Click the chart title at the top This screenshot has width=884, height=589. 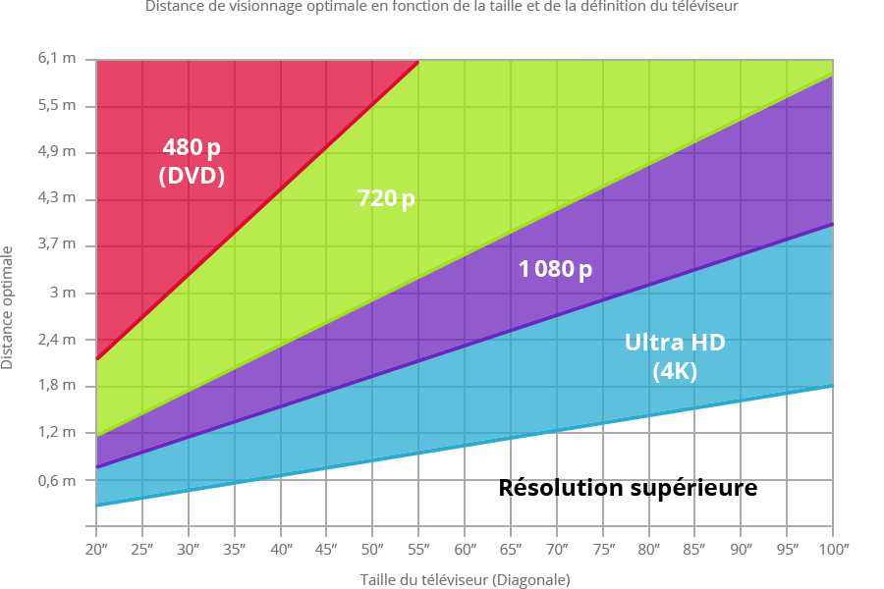click(442, 7)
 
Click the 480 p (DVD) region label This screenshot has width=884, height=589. click(193, 162)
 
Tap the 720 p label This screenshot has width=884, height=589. click(386, 199)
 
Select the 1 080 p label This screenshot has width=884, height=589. click(555, 269)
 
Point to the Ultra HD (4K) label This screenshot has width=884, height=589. click(675, 356)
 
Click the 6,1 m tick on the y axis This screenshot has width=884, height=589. click(56, 59)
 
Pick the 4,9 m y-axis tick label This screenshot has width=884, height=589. click(56, 151)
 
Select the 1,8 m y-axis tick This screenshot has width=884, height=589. click(56, 385)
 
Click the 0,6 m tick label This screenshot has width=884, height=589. click(56, 480)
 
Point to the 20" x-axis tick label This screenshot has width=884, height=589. click(96, 549)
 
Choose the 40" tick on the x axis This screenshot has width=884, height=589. click(281, 549)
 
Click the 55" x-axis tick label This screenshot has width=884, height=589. click(419, 549)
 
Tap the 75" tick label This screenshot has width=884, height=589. click(603, 549)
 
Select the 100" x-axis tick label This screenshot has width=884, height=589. click(835, 549)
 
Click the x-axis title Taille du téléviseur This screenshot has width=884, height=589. click(465, 580)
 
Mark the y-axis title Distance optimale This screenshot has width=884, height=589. click(8, 306)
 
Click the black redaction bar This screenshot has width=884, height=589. click(629, 489)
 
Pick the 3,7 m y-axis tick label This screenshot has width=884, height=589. click(56, 244)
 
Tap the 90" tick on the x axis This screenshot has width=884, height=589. click(742, 549)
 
